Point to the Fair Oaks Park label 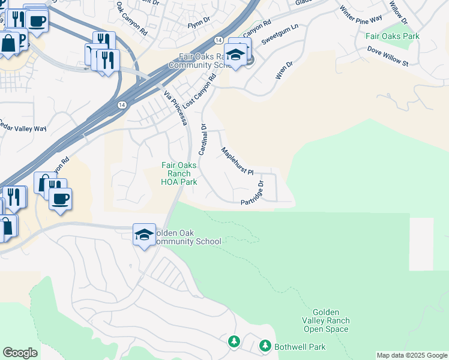coord(393,37)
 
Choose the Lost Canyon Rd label coord(199,91)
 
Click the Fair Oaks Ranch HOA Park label coord(179,173)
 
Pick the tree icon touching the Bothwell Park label coord(265,346)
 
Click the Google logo coord(20,353)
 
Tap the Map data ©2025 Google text coord(412,355)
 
